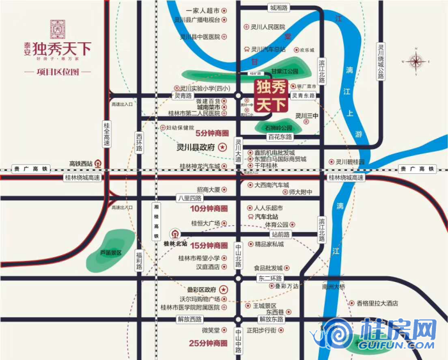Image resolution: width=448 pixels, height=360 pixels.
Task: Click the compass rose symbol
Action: pos(417,62)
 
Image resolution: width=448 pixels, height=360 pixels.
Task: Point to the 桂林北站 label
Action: pos(175,243)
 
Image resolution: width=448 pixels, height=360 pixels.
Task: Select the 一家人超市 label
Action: pos(202,11)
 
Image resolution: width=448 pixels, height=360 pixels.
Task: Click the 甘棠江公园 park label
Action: pos(284,72)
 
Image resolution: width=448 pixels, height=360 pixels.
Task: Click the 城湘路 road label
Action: pos(279,8)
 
